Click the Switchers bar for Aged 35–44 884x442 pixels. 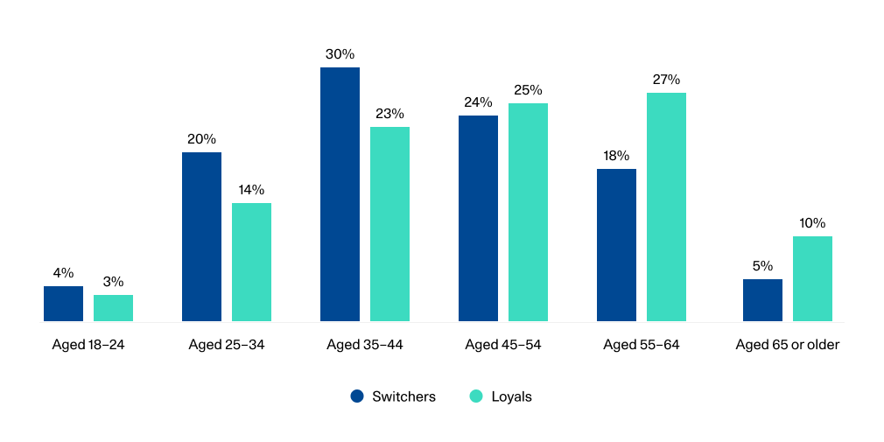[x=340, y=194]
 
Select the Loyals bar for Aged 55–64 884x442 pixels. [x=666, y=207]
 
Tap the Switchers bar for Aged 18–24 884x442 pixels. [x=63, y=304]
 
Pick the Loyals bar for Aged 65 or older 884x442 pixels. [x=812, y=278]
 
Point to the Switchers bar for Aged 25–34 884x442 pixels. [x=201, y=237]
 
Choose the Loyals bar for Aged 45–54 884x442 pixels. [x=528, y=213]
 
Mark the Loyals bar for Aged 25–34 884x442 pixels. [x=251, y=263]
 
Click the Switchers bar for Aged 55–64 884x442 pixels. [x=616, y=245]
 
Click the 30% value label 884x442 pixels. [x=340, y=54]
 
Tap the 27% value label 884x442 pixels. [x=666, y=80]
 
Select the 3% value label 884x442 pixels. [x=113, y=282]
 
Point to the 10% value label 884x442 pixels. [x=812, y=223]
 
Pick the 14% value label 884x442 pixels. [x=251, y=190]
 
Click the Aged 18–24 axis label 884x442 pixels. [x=88, y=345]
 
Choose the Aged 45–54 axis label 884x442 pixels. [x=503, y=345]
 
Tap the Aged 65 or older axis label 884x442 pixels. [x=788, y=345]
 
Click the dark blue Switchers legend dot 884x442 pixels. [x=357, y=396]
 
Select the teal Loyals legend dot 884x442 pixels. [x=476, y=396]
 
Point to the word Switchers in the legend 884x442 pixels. [x=403, y=396]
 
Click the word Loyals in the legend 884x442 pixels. [x=511, y=396]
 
